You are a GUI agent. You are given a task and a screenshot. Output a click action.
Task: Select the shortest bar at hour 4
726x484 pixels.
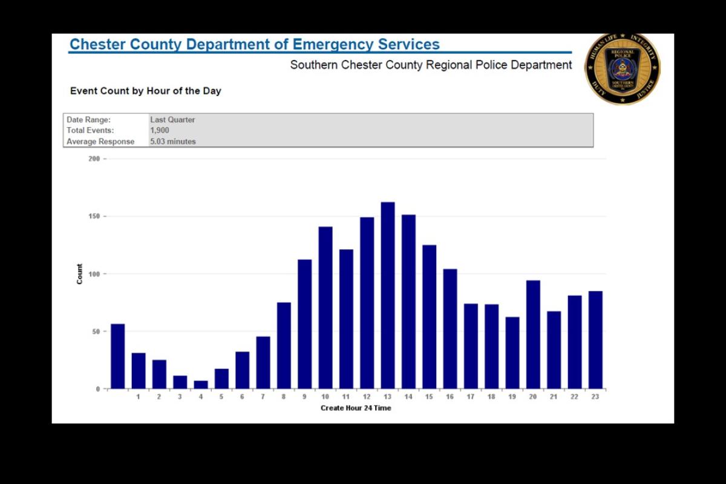201,384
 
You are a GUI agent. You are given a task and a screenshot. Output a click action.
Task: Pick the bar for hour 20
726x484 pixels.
533,334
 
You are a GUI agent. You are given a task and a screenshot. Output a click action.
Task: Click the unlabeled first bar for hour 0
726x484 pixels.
118,356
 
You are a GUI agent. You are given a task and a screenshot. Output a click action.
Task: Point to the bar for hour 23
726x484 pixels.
595,339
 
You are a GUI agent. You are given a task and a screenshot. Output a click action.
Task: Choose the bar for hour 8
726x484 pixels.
284,345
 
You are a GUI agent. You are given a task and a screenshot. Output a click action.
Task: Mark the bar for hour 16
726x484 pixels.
450,329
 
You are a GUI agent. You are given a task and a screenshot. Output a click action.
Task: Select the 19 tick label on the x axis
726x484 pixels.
512,397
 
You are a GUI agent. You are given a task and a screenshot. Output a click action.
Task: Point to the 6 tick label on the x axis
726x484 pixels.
242,397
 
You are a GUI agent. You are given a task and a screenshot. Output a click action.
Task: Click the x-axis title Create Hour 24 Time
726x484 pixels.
356,408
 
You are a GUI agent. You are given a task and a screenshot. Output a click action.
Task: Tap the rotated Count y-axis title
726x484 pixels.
80,274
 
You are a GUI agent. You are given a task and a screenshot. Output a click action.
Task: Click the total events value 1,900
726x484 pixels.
160,131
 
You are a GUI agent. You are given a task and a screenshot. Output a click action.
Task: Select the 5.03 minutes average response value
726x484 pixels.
173,142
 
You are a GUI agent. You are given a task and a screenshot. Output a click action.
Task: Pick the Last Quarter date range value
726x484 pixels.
172,120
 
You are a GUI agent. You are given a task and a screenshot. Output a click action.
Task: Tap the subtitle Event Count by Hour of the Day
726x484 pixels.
146,91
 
